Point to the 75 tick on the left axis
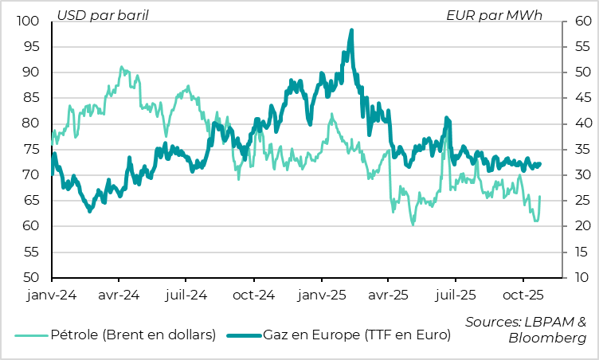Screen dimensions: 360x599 30,149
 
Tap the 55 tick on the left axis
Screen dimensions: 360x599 30,252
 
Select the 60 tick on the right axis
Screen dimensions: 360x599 579,21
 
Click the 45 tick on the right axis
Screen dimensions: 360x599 579,98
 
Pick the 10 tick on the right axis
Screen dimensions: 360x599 579,277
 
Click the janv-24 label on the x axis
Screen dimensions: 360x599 51,294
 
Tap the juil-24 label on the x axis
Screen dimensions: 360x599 186,294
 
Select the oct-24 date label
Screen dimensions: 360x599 253,294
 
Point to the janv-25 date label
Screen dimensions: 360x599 321,294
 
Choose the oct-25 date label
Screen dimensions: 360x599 523,294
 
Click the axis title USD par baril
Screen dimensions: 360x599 103,14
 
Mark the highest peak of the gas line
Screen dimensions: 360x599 351,30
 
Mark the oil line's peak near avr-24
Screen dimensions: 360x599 121,68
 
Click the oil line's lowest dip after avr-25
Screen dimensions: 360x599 413,225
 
